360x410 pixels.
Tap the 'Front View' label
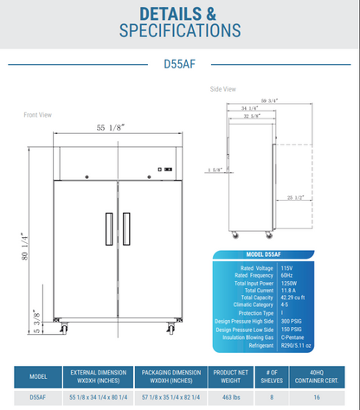coord(38,114)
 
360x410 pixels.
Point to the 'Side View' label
coord(223,88)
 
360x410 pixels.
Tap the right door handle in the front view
coord(125,227)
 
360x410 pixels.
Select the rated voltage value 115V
coord(286,267)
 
